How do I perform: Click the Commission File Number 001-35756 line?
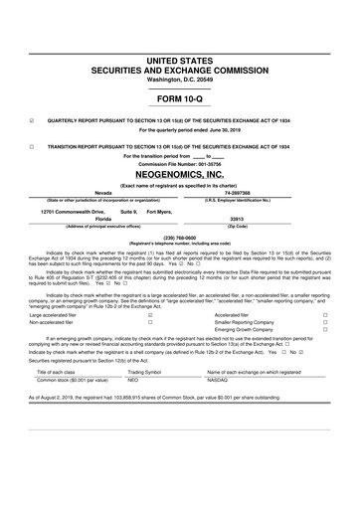[x=180, y=164]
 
